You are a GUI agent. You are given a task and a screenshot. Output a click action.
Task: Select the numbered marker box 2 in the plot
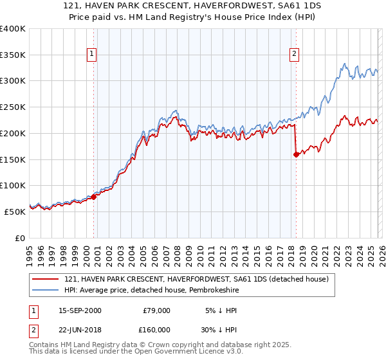click(x=294, y=55)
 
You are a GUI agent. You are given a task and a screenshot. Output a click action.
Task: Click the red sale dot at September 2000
click(x=94, y=197)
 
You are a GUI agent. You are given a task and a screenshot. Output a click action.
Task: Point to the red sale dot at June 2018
click(x=296, y=154)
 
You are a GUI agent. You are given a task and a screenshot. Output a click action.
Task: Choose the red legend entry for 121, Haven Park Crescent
click(x=197, y=279)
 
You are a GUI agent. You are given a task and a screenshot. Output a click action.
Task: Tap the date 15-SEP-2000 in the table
click(x=80, y=310)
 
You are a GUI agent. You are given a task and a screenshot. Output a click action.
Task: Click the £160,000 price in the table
click(x=154, y=328)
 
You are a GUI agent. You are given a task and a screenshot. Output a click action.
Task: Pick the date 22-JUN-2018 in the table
click(x=80, y=328)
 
